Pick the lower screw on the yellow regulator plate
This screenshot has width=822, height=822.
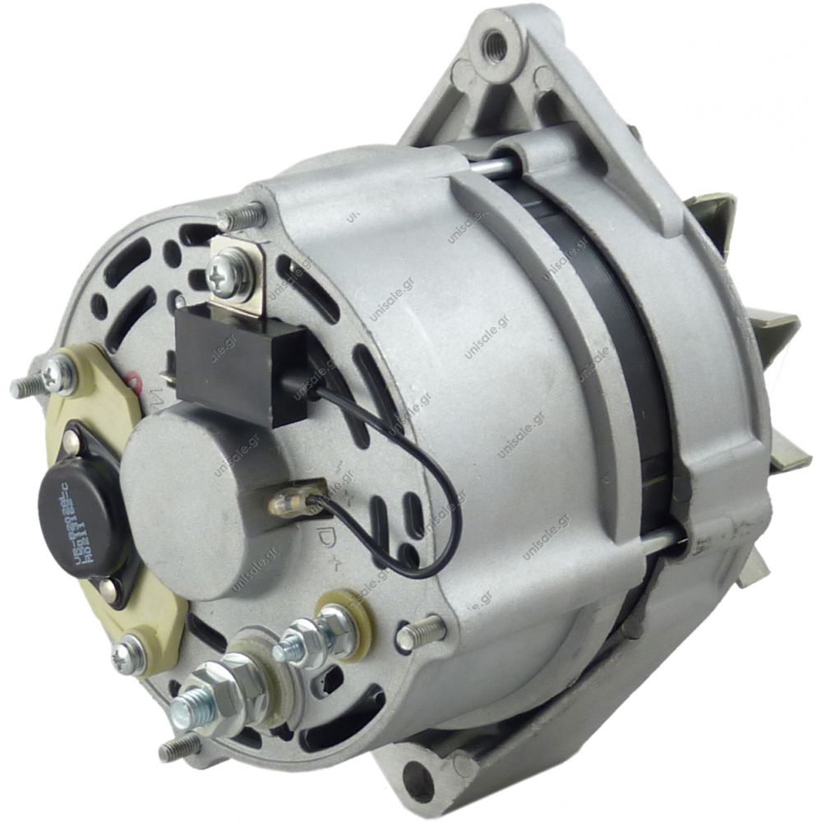coord(127,654)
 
